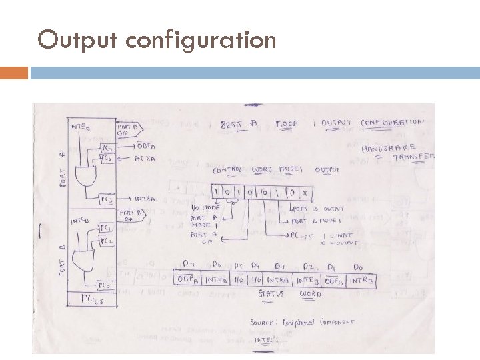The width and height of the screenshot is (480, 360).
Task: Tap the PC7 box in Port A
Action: [107, 147]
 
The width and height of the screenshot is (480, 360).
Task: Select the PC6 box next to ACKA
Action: [107, 158]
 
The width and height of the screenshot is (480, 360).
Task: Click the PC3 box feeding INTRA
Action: [107, 199]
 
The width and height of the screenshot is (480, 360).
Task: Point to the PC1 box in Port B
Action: [106, 227]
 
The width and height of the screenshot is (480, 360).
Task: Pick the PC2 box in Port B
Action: [106, 241]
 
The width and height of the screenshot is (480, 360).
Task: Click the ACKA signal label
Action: [145, 158]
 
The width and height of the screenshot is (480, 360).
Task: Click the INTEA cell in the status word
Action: [218, 279]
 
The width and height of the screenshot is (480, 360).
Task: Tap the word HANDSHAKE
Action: [389, 147]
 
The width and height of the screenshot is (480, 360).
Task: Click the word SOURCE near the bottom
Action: [263, 322]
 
